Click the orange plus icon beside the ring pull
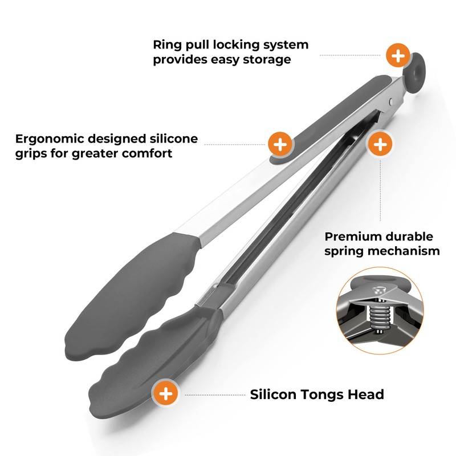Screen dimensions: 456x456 point(398,56)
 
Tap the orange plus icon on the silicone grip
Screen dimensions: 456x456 point(280,145)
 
